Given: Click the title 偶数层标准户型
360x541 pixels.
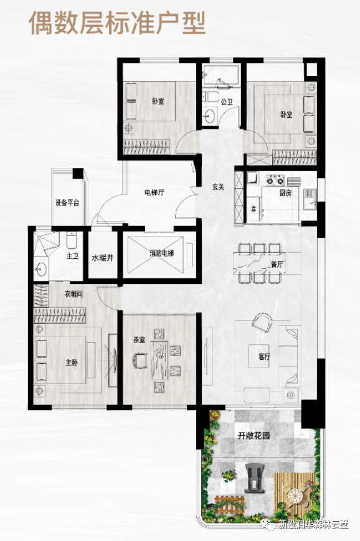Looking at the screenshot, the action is click(x=117, y=24).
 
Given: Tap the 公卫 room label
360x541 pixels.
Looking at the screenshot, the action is click(x=227, y=102).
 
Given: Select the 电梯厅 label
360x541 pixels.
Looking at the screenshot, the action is click(x=154, y=192).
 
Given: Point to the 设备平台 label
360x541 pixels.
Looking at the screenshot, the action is click(x=67, y=202).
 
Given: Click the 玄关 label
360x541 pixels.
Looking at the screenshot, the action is click(x=218, y=187).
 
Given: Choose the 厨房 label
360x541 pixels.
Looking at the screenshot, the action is click(x=285, y=193).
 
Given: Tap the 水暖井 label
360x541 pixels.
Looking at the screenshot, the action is click(x=103, y=258).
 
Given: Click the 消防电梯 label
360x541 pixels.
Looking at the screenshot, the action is click(x=161, y=253).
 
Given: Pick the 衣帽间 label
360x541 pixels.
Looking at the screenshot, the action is click(x=73, y=294).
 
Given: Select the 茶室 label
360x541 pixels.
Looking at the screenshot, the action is click(x=140, y=340).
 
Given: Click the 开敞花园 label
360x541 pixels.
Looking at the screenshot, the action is click(x=253, y=436).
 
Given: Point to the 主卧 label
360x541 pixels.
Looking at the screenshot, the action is click(x=72, y=362).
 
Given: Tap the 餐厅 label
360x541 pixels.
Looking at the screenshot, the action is click(x=277, y=265).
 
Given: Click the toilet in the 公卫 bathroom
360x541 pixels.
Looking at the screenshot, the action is click(x=210, y=97).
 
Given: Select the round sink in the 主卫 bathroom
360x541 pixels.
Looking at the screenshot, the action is click(x=41, y=269).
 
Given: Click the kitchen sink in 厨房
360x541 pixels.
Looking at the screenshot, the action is click(x=310, y=199).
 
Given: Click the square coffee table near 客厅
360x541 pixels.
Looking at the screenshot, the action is click(x=259, y=356).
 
